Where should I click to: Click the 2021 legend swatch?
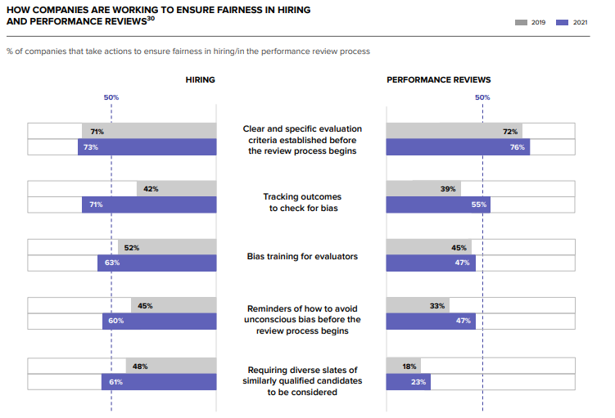562,22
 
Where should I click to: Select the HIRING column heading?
201,80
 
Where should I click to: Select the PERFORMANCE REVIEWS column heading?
438,80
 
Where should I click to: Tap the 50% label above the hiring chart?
111,97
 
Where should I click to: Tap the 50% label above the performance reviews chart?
482,97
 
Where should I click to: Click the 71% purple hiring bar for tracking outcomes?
149,205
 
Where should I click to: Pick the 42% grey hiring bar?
176,189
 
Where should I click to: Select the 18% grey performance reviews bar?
403,366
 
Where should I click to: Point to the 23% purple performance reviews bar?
408,382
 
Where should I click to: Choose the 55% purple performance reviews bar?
437,205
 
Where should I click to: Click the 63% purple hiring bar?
157,263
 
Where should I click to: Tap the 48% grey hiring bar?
171,366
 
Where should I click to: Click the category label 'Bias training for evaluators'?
302,256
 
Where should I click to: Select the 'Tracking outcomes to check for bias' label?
302,202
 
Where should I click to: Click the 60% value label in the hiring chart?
115,321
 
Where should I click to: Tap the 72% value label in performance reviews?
509,132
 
